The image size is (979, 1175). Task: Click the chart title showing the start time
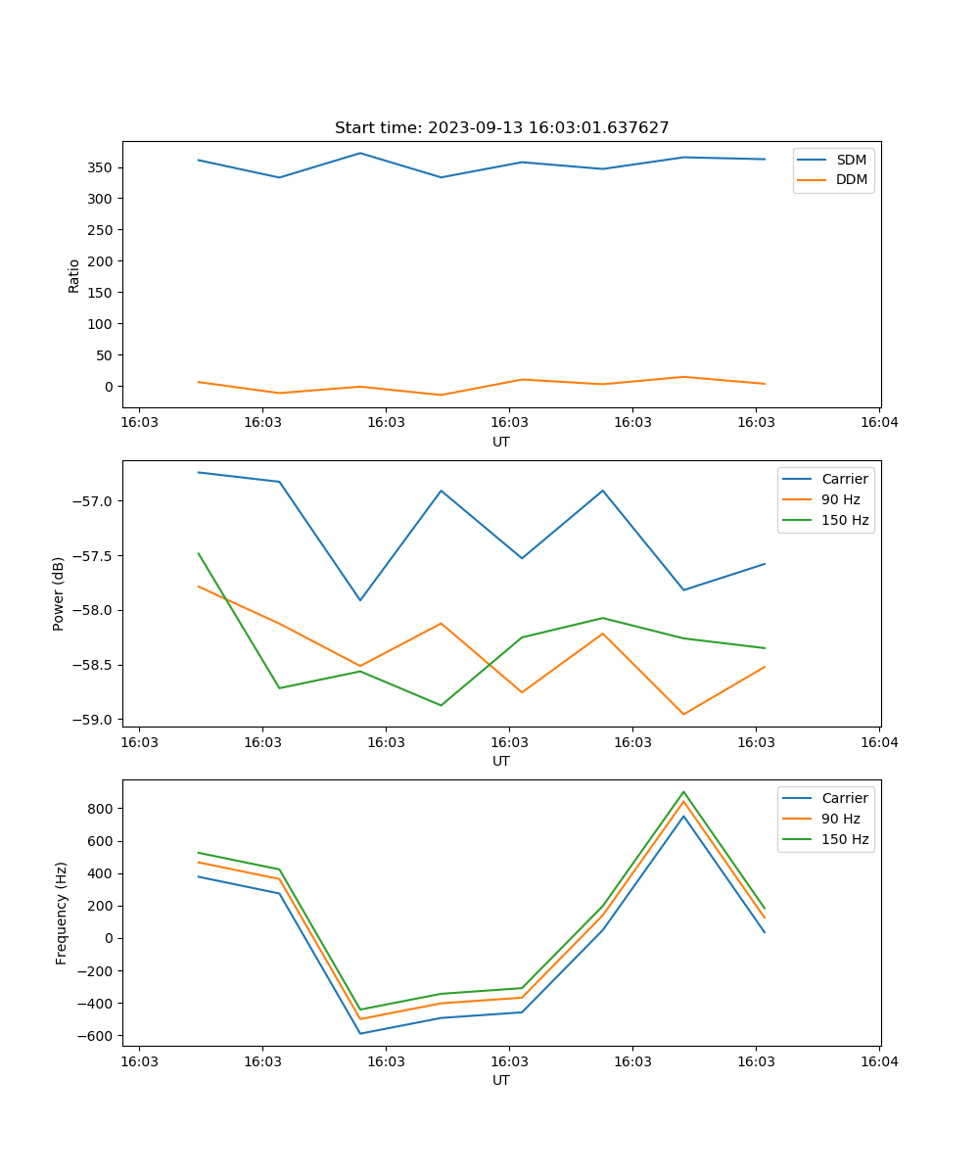pos(501,128)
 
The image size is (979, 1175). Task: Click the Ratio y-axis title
pos(74,275)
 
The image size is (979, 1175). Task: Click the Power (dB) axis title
pos(59,593)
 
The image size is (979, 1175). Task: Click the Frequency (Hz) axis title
pos(62,913)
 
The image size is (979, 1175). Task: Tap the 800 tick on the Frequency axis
pos(103,809)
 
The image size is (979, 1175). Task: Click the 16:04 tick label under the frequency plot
pos(878,1061)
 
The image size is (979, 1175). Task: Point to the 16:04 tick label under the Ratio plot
pos(878,423)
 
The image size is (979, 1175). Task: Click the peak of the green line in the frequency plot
pos(683,792)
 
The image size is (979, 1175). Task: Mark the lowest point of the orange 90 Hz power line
pos(683,714)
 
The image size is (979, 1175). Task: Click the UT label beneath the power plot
pos(501,761)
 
